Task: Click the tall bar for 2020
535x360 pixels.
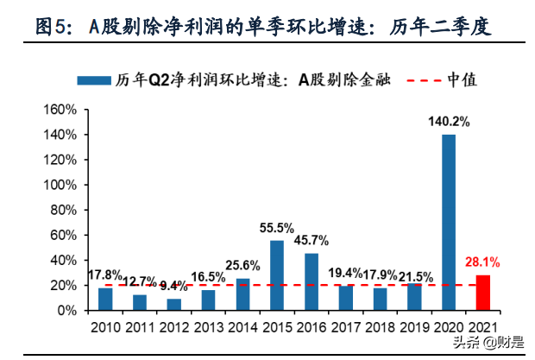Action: pyautogui.click(x=449, y=222)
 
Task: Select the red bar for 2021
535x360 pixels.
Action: pyautogui.click(x=482, y=293)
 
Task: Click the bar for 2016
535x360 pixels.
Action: pyautogui.click(x=312, y=281)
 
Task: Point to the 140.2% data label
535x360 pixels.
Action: pyautogui.click(x=449, y=123)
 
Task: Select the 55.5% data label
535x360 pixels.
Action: pyautogui.click(x=277, y=228)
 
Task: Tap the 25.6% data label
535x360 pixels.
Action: pyautogui.click(x=242, y=265)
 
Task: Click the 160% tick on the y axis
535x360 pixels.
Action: pyautogui.click(x=60, y=111)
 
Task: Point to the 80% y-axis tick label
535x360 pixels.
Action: pyautogui.click(x=64, y=211)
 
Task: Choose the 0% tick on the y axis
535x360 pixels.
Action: pyautogui.click(x=67, y=310)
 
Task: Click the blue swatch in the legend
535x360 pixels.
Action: pyautogui.click(x=94, y=80)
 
